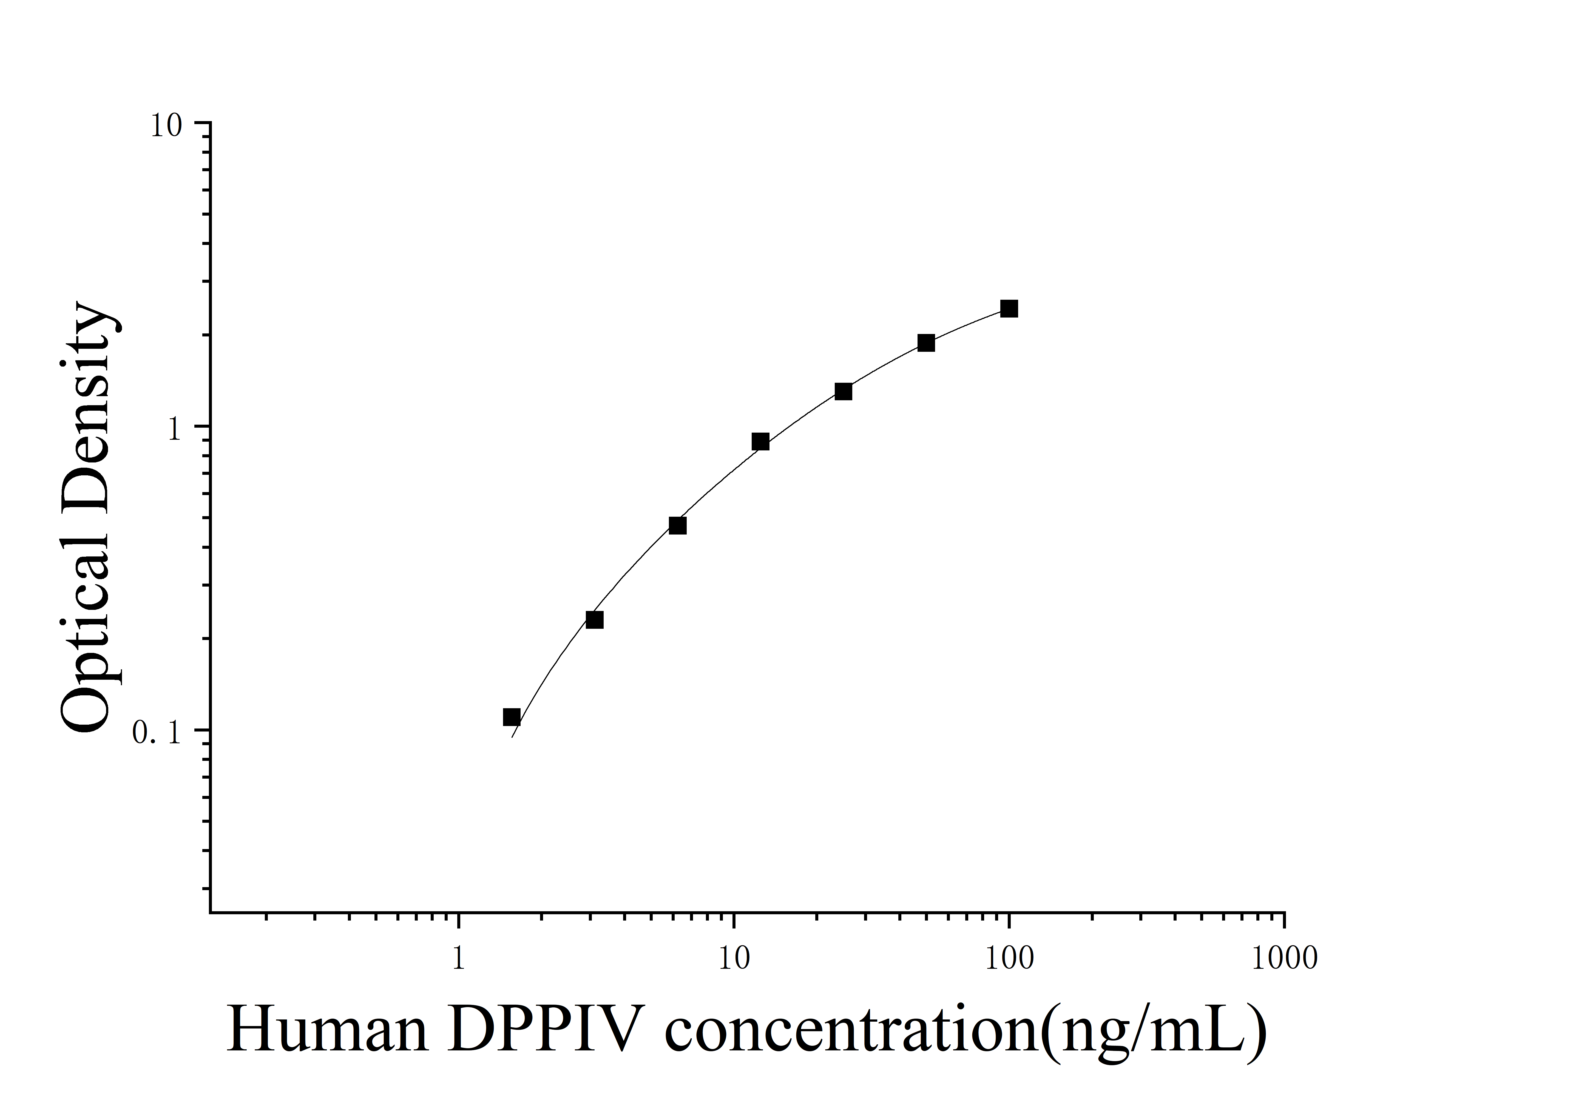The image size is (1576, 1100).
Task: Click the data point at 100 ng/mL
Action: coord(1009,309)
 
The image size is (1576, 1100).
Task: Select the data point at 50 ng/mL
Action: coord(926,343)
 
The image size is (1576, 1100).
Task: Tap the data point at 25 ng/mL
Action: coord(844,392)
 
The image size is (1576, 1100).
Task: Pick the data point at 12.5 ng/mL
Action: coord(760,442)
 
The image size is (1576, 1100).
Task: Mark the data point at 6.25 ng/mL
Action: coord(677,526)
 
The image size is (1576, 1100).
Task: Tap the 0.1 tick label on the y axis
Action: coord(157,734)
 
